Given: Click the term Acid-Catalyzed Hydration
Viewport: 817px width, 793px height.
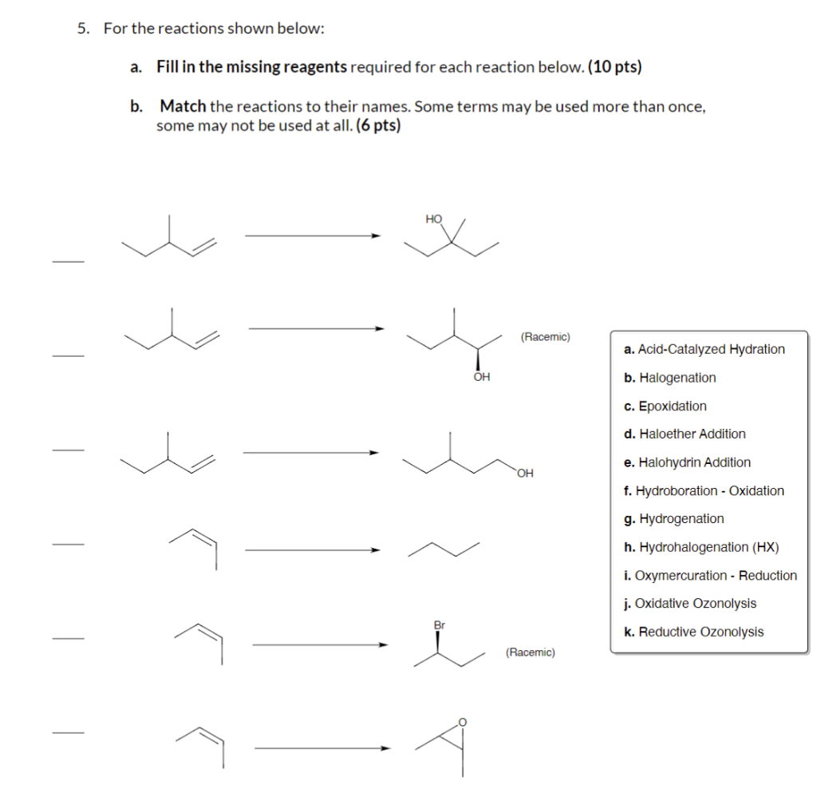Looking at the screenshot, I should coord(705,349).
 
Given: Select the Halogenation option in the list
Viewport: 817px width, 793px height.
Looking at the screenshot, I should coord(670,378).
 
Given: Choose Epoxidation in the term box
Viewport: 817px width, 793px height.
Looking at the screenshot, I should coord(665,406).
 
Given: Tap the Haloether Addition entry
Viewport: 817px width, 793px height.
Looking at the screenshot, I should coord(685,434).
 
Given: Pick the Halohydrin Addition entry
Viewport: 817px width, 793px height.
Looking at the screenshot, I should coord(688,462).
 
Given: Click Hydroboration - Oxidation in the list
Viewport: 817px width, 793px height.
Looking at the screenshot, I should coord(705,490).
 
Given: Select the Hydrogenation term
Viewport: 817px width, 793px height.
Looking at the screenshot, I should coord(674,519).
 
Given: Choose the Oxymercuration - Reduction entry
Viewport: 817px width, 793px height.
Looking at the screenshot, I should coord(711,575).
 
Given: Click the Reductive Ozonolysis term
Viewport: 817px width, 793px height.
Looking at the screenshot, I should coord(694,632).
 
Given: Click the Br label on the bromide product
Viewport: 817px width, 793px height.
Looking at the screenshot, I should coord(439,624).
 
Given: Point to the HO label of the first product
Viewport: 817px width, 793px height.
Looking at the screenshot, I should coord(434,218).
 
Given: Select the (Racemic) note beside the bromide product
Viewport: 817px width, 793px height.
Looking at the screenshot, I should coord(531,652).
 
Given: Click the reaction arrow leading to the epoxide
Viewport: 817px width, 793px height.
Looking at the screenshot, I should coord(323,748).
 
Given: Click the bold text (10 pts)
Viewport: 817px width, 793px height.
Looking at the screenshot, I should coord(614,67).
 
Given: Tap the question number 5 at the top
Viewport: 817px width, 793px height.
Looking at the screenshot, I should coord(83,29).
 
